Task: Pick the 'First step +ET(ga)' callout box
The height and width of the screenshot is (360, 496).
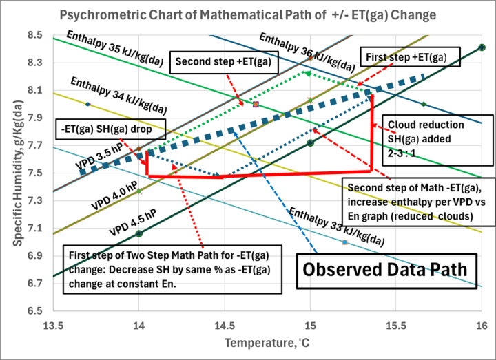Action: coord(413,57)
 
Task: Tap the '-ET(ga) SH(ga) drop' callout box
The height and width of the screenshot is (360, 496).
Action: coord(112,127)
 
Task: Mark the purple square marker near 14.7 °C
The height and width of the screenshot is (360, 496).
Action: coord(256,104)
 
